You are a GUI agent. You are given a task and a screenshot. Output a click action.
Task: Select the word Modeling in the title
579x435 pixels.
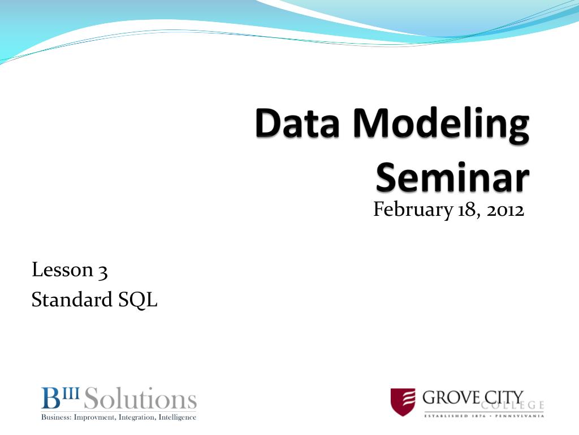coord(441,125)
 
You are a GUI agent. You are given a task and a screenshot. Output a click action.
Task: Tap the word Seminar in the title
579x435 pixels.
coord(453,177)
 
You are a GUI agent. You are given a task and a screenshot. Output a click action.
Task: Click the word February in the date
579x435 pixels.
coord(413,210)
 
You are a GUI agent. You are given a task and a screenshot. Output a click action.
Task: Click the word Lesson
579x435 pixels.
coord(62,269)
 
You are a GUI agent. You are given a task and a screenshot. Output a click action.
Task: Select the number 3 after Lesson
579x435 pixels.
coord(103,272)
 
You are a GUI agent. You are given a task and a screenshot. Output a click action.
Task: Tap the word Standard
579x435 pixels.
coord(72,299)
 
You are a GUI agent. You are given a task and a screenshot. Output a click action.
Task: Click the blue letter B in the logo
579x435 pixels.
coord(50,398)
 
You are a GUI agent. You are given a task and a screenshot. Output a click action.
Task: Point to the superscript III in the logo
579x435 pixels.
coord(70,392)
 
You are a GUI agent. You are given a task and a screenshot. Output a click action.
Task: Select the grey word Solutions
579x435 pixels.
coord(140,398)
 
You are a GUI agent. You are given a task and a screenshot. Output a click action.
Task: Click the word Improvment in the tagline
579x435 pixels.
coord(94,417)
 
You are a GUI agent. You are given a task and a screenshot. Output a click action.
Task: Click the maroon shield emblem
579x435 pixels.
coord(403,402)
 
